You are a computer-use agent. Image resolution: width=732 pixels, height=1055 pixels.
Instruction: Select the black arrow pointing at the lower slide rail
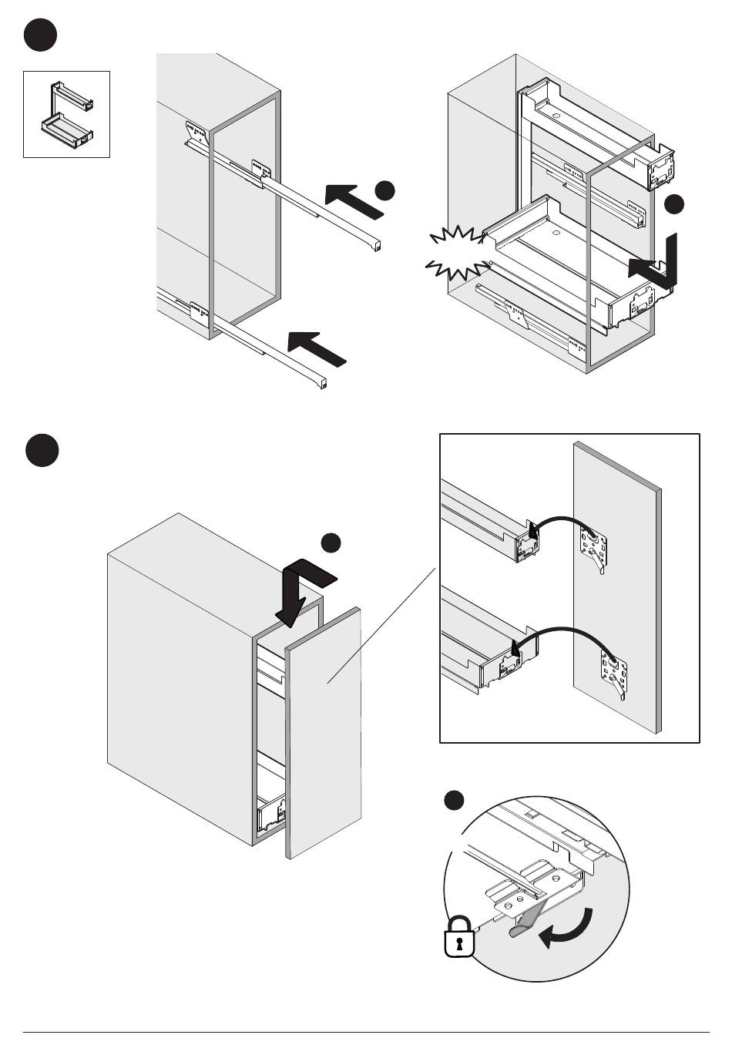317,348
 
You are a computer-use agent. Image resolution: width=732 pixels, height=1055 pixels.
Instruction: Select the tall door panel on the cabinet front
324,732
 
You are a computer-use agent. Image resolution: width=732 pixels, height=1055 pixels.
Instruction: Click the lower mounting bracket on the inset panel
613,671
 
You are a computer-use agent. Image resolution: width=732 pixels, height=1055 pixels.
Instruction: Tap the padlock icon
458,936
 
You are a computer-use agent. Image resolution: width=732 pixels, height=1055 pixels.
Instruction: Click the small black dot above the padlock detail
455,801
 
